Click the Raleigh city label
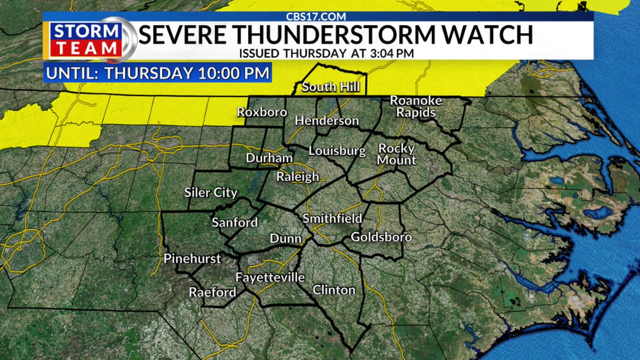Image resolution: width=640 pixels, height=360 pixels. point(298,177)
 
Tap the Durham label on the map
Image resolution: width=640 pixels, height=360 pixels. point(269,158)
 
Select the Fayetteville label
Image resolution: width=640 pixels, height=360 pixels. point(270,278)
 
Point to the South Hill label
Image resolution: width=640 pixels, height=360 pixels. point(331,87)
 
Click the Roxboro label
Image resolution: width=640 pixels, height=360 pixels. point(262,113)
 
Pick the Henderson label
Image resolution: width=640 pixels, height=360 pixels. point(326,121)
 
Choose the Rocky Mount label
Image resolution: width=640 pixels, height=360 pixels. point(397,154)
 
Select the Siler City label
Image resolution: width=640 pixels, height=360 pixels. point(211,193)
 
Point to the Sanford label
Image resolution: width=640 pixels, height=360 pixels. point(235,223)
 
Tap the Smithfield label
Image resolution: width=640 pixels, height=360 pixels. point(332,219)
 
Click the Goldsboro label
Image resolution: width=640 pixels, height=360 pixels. point(381,237)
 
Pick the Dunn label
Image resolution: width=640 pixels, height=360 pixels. point(285,238)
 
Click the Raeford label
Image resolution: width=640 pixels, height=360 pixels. point(212,292)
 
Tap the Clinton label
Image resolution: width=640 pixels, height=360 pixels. point(334,290)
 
